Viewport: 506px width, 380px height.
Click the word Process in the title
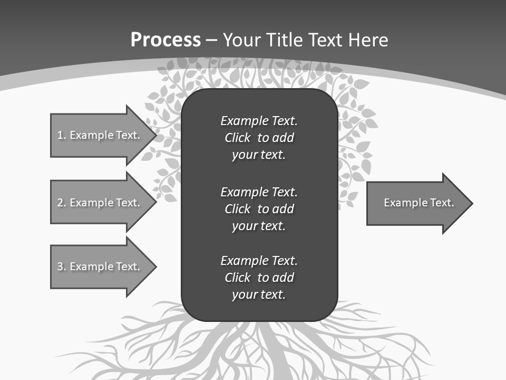coord(166,40)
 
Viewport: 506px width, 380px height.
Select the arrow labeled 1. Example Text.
coord(98,135)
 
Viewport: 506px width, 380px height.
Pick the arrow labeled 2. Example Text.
coord(98,203)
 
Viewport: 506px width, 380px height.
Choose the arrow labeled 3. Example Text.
coord(98,267)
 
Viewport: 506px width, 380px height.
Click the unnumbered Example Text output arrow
coord(419,203)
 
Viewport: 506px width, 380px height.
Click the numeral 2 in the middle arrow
coord(60,203)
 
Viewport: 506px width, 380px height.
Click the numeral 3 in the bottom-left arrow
coord(60,267)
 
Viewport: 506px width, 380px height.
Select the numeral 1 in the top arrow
coord(60,135)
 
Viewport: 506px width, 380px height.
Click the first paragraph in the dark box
coord(259,138)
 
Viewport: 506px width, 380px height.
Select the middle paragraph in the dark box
coord(259,208)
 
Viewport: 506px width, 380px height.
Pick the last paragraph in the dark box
coord(259,277)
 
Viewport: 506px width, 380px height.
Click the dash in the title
coord(212,40)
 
